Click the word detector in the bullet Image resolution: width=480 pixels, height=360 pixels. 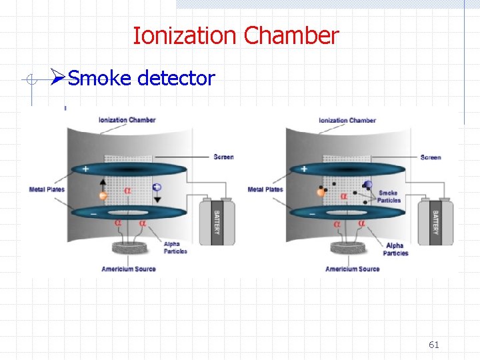(176, 79)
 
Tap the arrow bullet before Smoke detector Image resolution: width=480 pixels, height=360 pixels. (58, 78)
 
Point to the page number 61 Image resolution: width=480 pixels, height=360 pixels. (434, 345)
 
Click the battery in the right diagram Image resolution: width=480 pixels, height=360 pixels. (435, 222)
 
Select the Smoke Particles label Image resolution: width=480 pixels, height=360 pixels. (389, 197)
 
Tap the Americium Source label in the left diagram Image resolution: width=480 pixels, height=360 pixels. (129, 269)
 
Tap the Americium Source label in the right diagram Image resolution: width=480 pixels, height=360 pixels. (352, 269)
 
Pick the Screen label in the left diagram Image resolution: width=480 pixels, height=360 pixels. (223, 157)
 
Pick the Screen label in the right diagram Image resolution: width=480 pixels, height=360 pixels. (431, 157)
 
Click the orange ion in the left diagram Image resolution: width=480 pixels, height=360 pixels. (103, 196)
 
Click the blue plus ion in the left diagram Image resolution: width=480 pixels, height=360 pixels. (157, 187)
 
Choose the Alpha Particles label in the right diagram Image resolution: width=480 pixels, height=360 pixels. (395, 249)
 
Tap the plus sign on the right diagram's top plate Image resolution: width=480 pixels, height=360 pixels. (304, 169)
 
